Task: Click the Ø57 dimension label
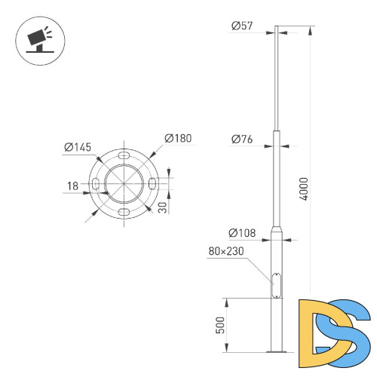pyautogui.click(x=243, y=26)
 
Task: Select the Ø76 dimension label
pyautogui.click(x=242, y=139)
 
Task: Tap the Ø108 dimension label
pyautogui.click(x=244, y=233)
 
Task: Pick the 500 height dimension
pyautogui.click(x=220, y=324)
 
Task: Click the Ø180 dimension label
pyautogui.click(x=178, y=138)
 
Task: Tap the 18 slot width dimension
pyautogui.click(x=72, y=185)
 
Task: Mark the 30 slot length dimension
pyautogui.click(x=162, y=207)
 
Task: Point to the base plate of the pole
pyautogui.click(x=277, y=351)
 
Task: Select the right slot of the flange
pyautogui.click(x=152, y=184)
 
